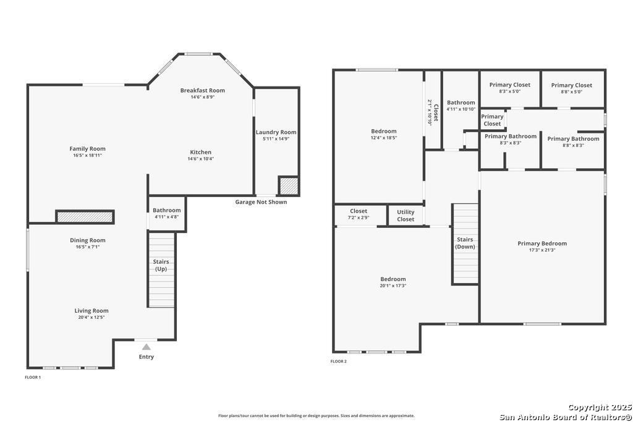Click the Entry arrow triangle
(146, 347)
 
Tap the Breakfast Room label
(203, 90)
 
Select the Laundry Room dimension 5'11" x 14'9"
(276, 139)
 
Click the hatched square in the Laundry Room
(288, 186)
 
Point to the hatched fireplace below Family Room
(85, 217)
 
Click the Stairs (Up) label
(161, 265)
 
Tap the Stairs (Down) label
(465, 243)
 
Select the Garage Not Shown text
(261, 202)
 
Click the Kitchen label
(201, 152)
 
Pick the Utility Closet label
(406, 216)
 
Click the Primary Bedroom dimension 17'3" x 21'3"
(542, 250)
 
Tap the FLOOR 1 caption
(33, 378)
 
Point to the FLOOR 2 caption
(338, 361)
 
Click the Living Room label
(91, 311)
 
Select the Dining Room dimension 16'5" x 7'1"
(88, 247)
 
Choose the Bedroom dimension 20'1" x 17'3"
(393, 285)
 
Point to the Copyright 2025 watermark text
(600, 407)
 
